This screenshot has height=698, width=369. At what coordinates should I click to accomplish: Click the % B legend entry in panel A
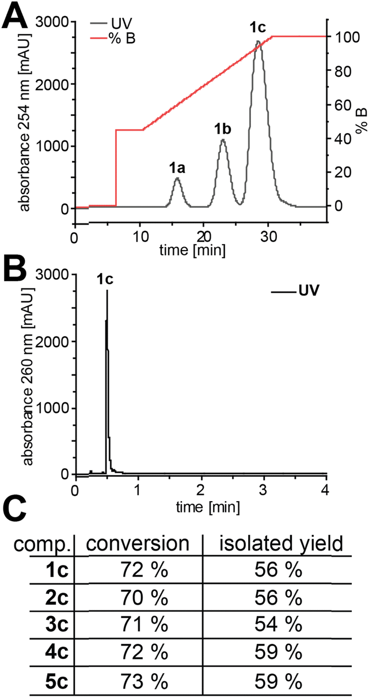tap(121, 39)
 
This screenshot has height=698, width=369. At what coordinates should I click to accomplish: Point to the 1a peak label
tap(177, 168)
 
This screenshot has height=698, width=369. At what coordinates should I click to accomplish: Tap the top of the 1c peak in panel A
tap(258, 41)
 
